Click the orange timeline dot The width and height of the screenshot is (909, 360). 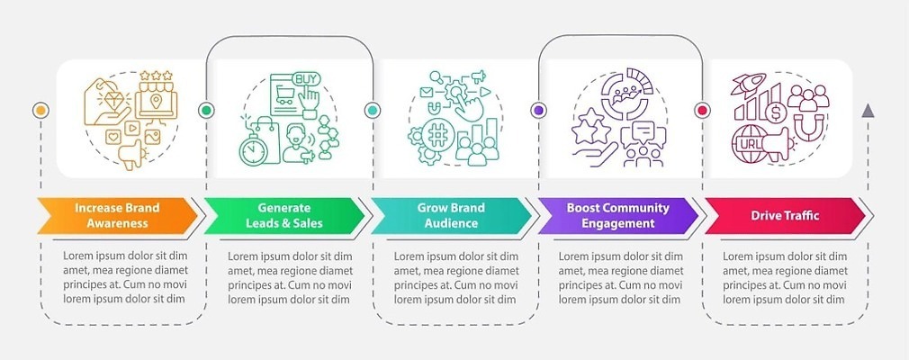point(40,111)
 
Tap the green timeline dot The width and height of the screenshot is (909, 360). point(207,111)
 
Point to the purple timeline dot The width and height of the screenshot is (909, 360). point(538,111)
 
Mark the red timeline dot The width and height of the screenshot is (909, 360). point(703,111)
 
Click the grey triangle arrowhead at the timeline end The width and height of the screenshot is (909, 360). point(868,111)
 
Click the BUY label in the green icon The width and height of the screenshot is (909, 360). point(307,77)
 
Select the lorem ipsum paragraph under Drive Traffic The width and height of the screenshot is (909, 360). point(784,276)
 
